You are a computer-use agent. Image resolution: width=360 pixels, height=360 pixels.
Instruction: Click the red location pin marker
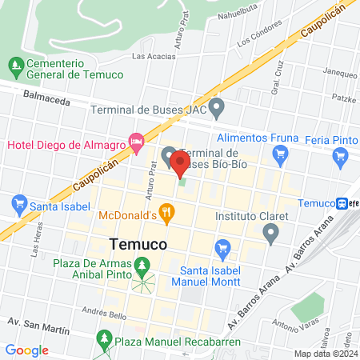tap(179, 166)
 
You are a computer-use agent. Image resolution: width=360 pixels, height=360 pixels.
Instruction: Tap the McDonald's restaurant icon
tap(166, 213)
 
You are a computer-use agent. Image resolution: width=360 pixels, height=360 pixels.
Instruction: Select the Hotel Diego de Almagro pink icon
tap(137, 143)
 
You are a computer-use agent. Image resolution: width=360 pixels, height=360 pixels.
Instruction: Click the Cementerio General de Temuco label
tap(74, 69)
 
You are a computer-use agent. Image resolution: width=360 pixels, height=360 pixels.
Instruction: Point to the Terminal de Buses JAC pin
tap(217, 106)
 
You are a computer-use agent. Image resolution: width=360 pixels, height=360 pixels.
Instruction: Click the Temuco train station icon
tap(342, 203)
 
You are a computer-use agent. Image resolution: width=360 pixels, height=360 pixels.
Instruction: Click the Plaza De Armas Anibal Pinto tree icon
tap(143, 265)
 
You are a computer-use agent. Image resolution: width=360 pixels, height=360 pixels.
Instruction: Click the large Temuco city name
tap(137, 243)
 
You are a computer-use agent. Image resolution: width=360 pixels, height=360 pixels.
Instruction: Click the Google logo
tap(27, 350)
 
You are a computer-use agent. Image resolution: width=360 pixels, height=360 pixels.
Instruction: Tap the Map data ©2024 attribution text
tap(325, 353)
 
